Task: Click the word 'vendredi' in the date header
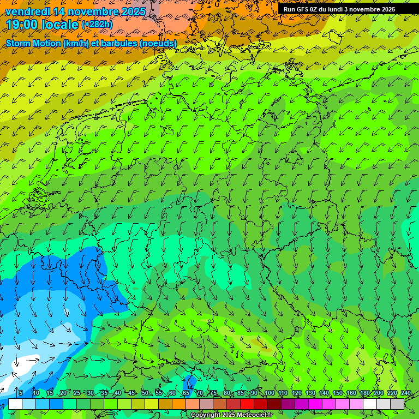[x=28, y=11]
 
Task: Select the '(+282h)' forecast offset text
[x=98, y=25]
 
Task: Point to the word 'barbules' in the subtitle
[x=120, y=43]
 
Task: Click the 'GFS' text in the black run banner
[x=302, y=9]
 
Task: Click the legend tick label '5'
[x=21, y=393]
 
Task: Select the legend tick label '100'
[x=269, y=393]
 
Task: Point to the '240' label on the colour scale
[x=405, y=393]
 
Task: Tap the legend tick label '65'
[x=186, y=393]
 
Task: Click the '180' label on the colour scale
[x=364, y=393]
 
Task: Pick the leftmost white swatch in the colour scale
[x=15, y=404]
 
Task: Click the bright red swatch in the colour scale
[x=247, y=404]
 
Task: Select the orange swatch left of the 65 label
[x=179, y=404]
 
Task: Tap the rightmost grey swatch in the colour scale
[x=397, y=404]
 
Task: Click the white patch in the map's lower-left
[x=27, y=362]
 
